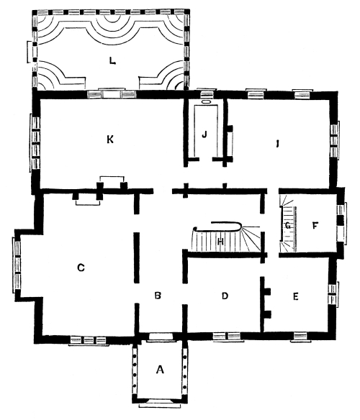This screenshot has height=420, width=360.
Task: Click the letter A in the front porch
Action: tap(160, 370)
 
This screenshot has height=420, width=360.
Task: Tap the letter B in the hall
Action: tap(158, 296)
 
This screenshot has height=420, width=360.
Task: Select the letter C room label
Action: tap(81, 268)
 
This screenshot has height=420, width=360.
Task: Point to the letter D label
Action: tap(225, 296)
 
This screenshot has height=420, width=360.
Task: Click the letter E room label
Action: tap(295, 296)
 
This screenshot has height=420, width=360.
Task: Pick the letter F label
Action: tap(315, 226)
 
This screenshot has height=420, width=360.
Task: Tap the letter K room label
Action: tap(110, 140)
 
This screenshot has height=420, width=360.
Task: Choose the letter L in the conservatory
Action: tap(112, 61)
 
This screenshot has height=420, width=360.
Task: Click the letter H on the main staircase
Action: tap(220, 242)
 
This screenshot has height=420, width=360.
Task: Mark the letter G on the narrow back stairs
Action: tap(288, 226)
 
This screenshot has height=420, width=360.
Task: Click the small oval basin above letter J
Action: tap(206, 102)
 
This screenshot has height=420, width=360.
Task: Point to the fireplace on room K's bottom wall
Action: tap(112, 183)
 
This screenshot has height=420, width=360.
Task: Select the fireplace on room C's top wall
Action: tap(87, 198)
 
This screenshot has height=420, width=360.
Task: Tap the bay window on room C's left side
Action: tap(17, 265)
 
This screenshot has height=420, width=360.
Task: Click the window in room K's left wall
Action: tap(35, 143)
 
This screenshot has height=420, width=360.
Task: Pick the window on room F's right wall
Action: tap(341, 224)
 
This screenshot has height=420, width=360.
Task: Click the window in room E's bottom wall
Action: tap(300, 336)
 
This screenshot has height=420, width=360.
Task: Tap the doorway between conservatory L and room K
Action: tap(112, 94)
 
